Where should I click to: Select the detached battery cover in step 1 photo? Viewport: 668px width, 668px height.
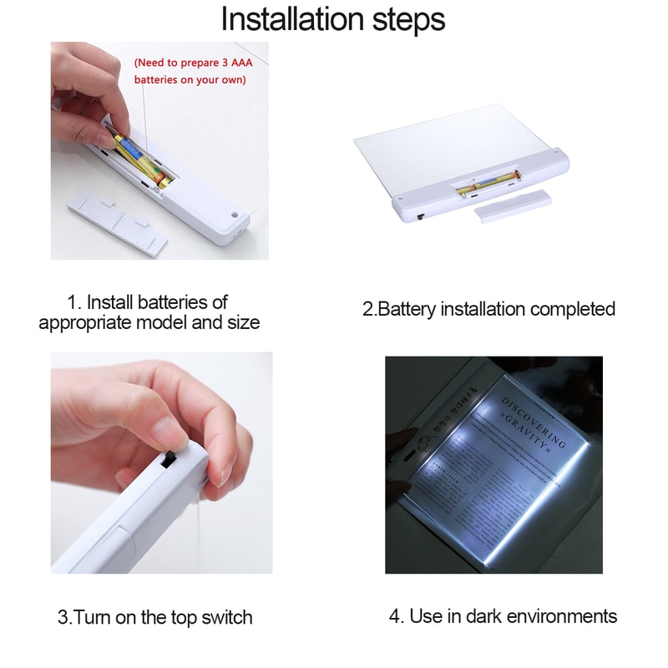click(x=117, y=220)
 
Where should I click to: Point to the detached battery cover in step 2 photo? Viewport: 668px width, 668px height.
click(x=513, y=204)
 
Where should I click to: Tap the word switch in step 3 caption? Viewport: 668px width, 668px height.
click(x=224, y=618)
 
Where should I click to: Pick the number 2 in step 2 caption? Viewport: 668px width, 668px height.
click(x=367, y=309)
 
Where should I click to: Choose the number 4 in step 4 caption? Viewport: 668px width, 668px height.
click(x=394, y=616)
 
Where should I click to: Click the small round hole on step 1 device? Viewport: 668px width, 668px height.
click(x=235, y=214)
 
